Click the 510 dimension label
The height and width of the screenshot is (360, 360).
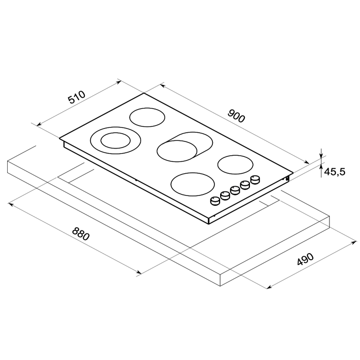pos(77,97)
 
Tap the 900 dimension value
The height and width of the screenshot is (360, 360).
pos(236,116)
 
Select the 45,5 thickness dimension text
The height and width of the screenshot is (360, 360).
pos(334,171)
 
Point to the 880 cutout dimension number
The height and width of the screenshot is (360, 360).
pos(81,233)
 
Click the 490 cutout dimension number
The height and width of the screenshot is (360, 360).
pos(305,259)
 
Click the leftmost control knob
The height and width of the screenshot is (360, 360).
pos(215,201)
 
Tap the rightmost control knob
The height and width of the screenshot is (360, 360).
pos(255,179)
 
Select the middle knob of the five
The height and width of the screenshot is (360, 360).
pos(235,190)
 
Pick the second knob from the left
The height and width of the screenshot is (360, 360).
pos(225,195)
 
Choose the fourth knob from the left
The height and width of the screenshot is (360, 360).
pos(245,185)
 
